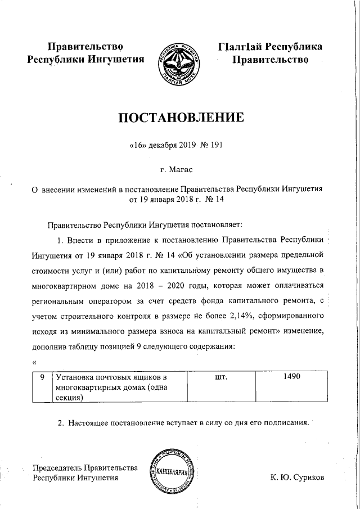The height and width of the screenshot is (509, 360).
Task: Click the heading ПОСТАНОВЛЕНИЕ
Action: coord(180,118)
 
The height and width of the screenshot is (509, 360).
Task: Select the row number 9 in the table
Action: coord(42,378)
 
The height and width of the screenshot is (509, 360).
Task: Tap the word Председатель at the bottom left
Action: coord(57,468)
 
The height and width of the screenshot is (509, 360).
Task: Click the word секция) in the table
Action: coord(70,398)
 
